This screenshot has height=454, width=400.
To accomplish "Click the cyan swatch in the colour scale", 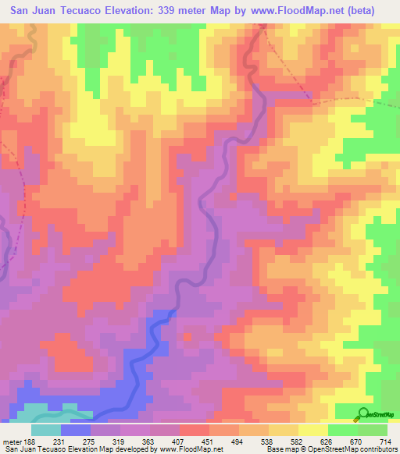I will [x=46, y=429].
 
